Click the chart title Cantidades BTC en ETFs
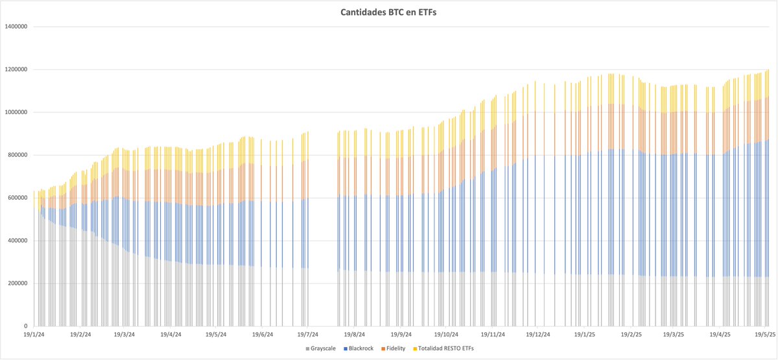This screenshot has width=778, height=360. click(x=389, y=12)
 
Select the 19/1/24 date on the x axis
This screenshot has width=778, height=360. click(x=34, y=335)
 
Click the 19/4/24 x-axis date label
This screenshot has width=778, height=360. click(x=171, y=335)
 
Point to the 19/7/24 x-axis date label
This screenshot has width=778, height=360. click(x=309, y=335)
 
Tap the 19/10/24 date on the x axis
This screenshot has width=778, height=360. click(x=446, y=335)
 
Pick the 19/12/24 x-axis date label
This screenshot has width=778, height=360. click(x=537, y=335)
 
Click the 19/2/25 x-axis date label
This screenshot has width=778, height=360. click(x=630, y=335)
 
